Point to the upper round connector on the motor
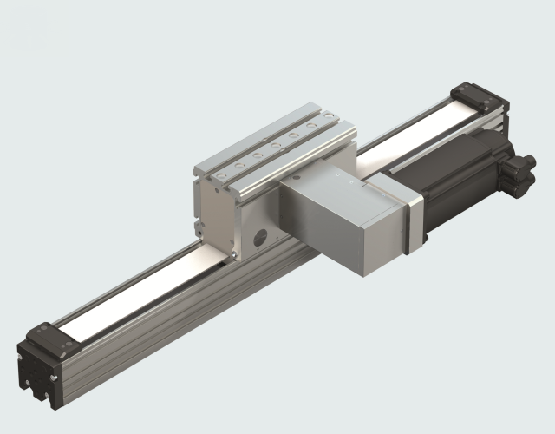521,164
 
